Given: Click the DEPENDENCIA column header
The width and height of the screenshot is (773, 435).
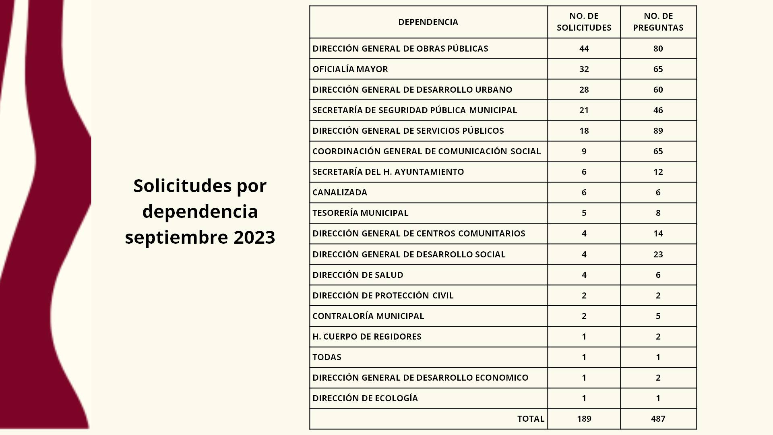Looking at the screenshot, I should (428, 22).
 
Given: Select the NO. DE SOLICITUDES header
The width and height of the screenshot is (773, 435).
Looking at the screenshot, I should (584, 22).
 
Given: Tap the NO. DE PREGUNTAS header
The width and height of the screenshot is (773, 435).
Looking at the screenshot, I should (658, 22).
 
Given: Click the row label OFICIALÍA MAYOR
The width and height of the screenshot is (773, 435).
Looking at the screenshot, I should (350, 69).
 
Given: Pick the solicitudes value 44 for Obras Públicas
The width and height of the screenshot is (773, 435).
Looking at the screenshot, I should (584, 49).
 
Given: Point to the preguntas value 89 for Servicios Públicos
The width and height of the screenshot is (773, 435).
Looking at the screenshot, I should (658, 131).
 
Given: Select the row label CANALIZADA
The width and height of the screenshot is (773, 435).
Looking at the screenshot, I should (340, 193).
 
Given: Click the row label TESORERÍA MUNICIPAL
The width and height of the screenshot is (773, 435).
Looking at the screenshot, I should (360, 213).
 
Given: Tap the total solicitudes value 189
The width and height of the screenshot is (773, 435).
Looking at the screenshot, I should (584, 419).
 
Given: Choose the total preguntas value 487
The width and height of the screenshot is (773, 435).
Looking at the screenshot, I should (658, 419).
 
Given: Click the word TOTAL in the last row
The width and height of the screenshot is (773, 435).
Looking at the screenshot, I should (531, 419).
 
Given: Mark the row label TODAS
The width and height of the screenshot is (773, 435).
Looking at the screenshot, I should (327, 357).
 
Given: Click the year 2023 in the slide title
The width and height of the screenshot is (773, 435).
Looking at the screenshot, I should (254, 237).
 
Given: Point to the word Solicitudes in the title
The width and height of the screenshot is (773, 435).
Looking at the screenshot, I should (182, 186).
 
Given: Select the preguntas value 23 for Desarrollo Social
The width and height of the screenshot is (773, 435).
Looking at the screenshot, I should (658, 255).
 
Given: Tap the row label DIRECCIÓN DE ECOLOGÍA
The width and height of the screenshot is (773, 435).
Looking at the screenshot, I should (365, 398).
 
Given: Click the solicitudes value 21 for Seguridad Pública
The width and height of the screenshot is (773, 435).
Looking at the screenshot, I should (584, 110).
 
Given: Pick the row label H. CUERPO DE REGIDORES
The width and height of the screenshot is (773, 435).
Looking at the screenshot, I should (367, 337).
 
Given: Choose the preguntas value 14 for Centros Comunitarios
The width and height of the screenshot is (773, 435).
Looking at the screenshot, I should (658, 234).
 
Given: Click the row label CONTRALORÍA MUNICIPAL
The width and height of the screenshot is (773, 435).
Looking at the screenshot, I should (368, 316).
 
